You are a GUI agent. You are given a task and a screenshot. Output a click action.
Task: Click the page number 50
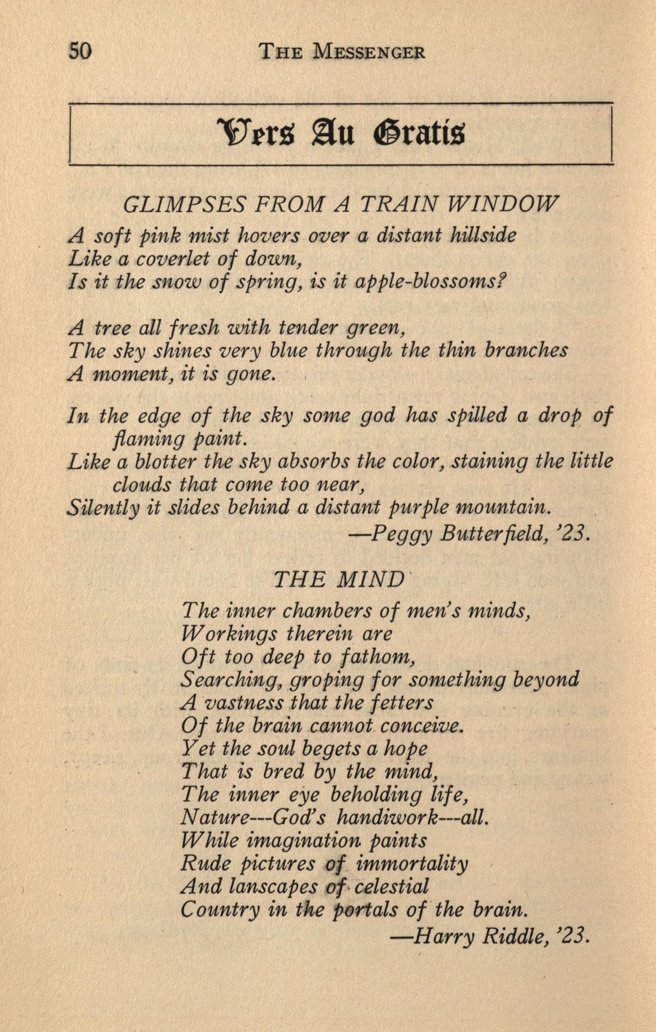point(80,51)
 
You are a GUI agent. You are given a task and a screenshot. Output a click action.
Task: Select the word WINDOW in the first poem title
point(502,205)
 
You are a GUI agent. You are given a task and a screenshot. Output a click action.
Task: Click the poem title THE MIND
point(339,580)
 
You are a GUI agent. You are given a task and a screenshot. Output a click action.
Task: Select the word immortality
point(412,864)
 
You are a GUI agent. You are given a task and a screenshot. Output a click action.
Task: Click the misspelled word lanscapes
point(273,886)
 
